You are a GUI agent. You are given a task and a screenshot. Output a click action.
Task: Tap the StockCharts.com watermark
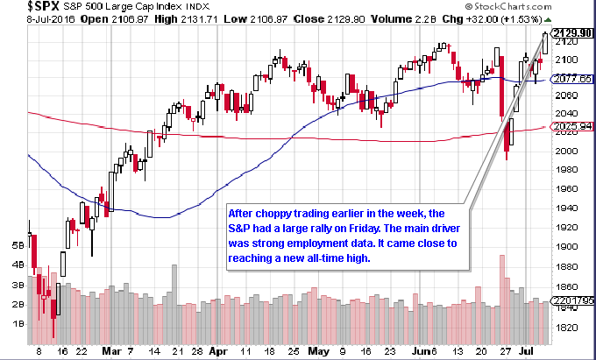508,6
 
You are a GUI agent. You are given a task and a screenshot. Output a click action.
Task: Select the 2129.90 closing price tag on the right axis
573,33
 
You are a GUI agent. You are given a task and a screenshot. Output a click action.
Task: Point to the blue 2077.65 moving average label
573,79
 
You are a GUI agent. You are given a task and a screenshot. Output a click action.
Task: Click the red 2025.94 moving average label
573,126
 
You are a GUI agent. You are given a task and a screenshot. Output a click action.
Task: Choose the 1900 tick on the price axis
567,246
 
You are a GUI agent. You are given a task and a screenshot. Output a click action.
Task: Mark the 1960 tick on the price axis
567,188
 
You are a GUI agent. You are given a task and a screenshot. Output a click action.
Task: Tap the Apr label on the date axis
218,351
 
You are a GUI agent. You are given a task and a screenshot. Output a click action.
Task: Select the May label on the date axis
318,351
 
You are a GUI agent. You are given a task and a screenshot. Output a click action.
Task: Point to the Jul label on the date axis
528,351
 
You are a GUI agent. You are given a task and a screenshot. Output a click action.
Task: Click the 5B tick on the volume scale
18,246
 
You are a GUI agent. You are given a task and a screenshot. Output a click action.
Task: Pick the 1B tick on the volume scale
18,324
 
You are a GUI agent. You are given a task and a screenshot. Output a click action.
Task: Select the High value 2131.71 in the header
199,19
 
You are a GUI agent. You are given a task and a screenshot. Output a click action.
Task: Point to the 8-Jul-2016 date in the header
52,19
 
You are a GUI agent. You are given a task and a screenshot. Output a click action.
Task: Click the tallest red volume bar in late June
502,300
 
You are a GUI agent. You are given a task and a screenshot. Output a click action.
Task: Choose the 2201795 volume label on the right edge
573,300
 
